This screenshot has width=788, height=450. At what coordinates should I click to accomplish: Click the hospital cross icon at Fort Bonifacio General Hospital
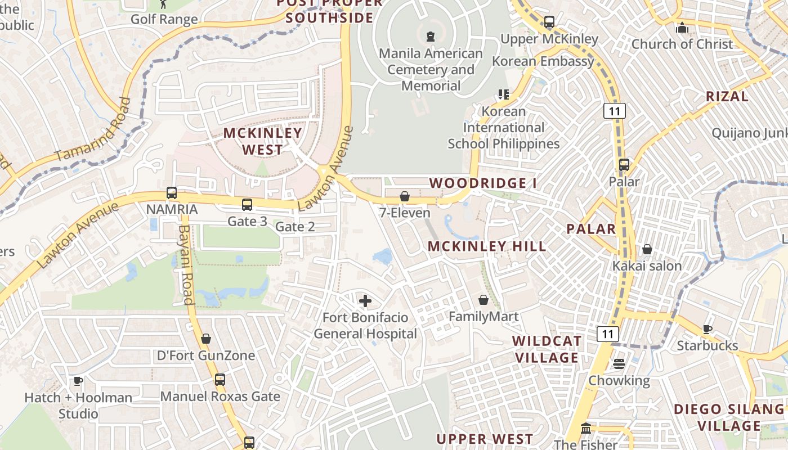click(365, 301)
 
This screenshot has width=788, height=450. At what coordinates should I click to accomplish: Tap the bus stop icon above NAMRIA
click(172, 193)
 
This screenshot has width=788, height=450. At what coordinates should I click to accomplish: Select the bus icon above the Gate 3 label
click(247, 205)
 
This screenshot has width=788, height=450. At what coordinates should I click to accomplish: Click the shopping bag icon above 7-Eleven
click(404, 196)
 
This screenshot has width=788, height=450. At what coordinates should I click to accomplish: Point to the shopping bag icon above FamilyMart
click(483, 300)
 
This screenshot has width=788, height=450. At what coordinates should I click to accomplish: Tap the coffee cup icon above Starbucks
click(707, 329)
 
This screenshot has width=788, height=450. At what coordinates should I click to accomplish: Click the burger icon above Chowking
click(619, 363)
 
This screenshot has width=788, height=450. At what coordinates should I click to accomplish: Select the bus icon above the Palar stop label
click(624, 165)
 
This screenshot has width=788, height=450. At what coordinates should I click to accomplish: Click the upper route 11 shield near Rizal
click(614, 111)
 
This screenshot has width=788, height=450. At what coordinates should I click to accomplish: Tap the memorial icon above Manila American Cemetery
click(431, 37)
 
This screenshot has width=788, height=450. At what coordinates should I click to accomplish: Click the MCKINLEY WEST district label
click(263, 141)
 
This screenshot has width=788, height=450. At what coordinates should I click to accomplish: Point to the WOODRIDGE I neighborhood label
click(483, 183)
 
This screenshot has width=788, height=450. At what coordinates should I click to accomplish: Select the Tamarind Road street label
click(93, 130)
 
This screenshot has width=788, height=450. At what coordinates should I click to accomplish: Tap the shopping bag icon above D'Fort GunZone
click(206, 339)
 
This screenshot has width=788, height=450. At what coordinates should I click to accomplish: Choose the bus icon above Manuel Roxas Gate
click(220, 380)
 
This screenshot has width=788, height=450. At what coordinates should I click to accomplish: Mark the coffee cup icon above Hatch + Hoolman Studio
click(78, 381)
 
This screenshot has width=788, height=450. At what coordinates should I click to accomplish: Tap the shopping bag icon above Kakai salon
click(647, 249)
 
